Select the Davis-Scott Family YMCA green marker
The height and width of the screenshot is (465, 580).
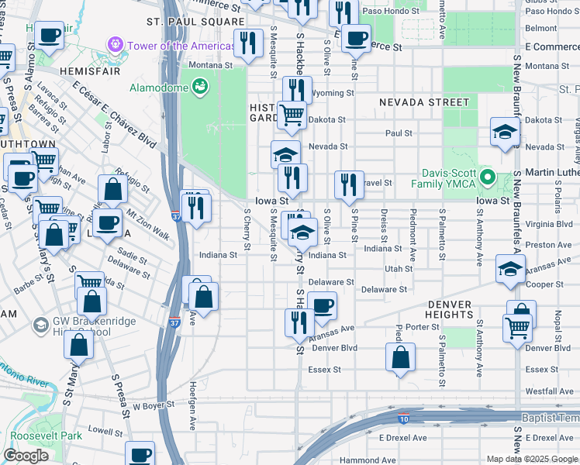coord(487,177)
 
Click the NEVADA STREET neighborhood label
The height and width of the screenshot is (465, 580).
coord(424,102)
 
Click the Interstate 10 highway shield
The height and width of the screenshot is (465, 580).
coord(404,418)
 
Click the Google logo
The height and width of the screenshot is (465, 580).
coord(26,456)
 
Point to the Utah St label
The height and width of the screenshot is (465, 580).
coord(399,268)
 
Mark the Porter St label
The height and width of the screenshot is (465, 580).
coord(423,327)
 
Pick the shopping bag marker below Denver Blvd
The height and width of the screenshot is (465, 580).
coord(400,358)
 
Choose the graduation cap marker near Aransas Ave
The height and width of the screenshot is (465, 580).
coord(511,269)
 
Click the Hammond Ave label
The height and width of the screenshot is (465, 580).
coord(368,460)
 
